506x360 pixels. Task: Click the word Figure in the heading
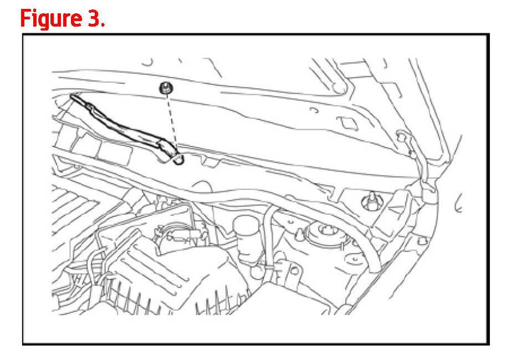click(50, 19)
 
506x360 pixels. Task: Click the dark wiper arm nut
click(166, 88)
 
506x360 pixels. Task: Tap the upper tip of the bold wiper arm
click(73, 95)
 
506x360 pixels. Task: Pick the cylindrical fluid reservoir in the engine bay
click(247, 237)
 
